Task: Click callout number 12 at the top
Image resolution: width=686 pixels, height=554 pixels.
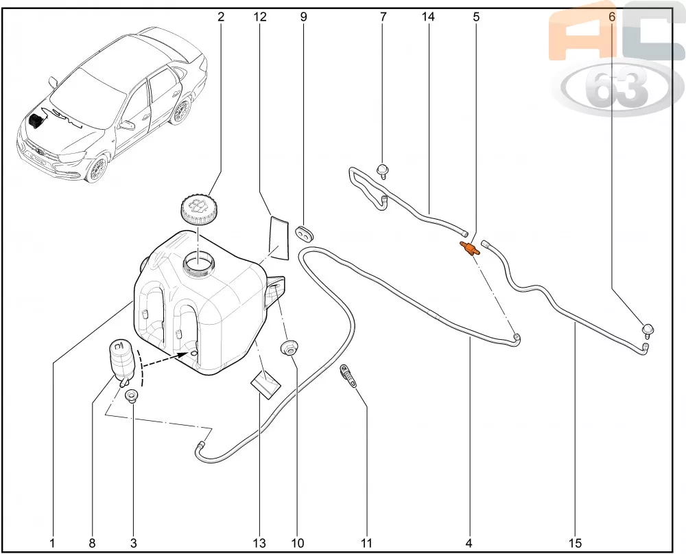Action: (260, 16)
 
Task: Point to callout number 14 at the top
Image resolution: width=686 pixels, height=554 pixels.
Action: (428, 16)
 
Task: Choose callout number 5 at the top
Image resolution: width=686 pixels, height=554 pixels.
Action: (477, 16)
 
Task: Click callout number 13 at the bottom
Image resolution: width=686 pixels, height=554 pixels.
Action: (259, 543)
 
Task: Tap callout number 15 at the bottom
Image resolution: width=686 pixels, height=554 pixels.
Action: (576, 543)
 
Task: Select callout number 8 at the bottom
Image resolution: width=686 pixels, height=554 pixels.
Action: (92, 543)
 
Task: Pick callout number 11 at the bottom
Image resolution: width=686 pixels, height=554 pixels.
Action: (366, 543)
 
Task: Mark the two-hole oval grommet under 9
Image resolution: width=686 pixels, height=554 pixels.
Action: (305, 234)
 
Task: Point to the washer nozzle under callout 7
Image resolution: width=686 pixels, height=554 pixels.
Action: (383, 171)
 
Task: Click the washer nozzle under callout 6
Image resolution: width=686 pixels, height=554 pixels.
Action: (648, 330)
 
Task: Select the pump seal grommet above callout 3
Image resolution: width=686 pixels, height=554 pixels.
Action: (130, 395)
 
